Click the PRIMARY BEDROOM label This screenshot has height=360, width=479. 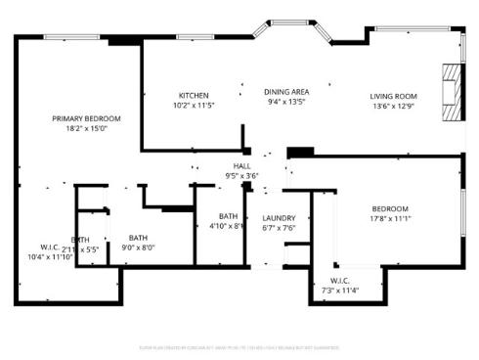(x=86, y=117)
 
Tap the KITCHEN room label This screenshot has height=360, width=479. (x=193, y=95)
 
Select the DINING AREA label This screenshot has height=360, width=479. (x=286, y=91)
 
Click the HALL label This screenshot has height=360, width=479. (x=240, y=166)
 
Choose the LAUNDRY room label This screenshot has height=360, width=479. (x=279, y=217)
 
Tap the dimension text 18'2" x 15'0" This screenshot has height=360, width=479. (x=86, y=127)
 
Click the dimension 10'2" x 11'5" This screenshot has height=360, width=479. (x=193, y=105)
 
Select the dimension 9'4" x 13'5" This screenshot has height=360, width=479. (x=286, y=101)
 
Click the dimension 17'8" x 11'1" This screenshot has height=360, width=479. (x=390, y=218)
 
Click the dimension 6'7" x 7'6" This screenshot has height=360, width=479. (x=279, y=227)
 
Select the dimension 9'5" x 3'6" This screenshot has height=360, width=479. (x=240, y=176)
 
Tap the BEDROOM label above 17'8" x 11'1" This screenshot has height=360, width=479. (x=390, y=208)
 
